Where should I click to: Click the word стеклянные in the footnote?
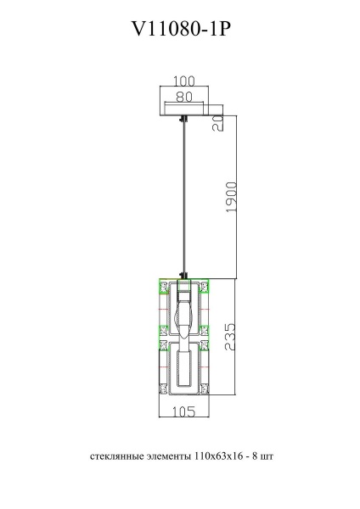coord(112,456)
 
